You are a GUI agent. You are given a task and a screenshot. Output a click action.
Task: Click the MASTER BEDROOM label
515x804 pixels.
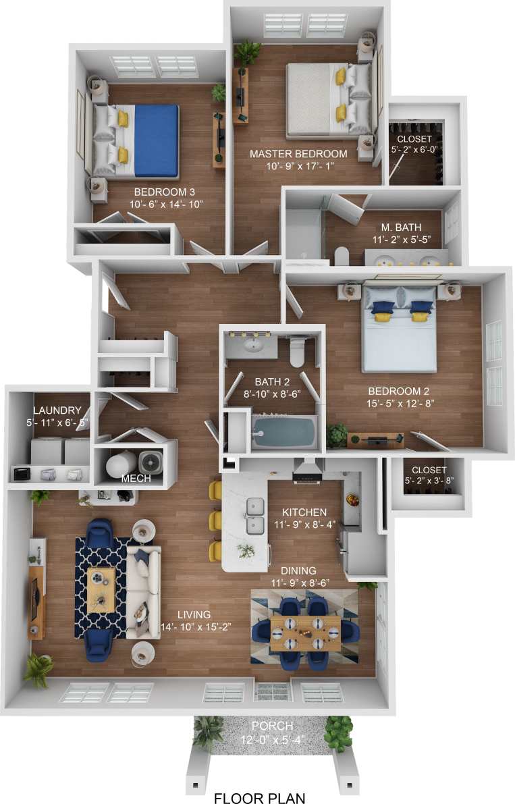(298, 154)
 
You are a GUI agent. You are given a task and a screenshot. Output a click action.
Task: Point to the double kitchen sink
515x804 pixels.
(255, 514)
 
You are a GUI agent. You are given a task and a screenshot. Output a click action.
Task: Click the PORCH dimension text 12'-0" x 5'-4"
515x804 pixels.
(273, 739)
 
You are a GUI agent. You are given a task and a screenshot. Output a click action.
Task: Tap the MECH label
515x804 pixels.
(136, 479)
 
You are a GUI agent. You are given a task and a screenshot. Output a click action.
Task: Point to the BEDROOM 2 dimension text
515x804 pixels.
(398, 404)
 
